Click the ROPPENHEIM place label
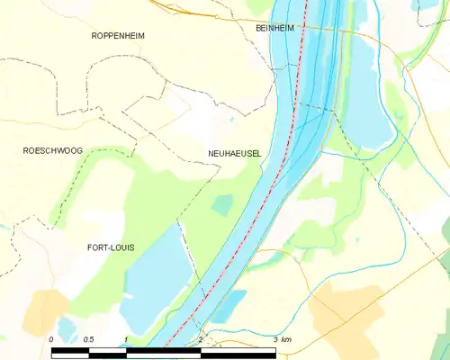coord(118,35)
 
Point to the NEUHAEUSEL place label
coord(234,154)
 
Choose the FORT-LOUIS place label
coord(111,247)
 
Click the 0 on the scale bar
coord(51,339)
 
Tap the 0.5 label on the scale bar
coord(88,339)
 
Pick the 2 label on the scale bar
coord(200,339)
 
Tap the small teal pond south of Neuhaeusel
coord(221,205)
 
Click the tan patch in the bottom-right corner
coord(346,315)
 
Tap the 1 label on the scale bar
coord(126,339)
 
